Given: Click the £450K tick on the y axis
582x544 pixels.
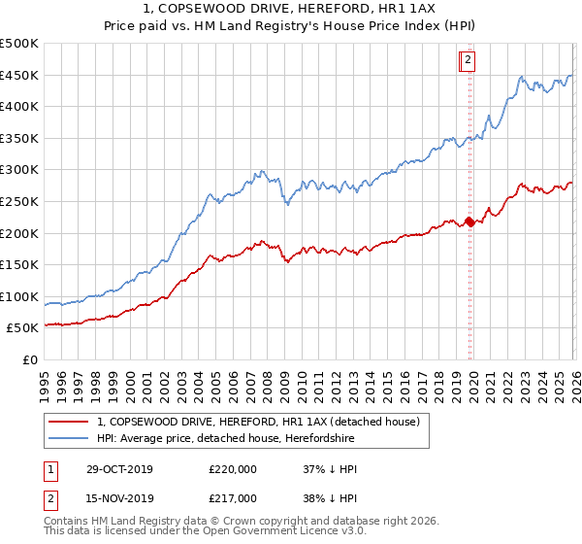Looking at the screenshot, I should (19, 75).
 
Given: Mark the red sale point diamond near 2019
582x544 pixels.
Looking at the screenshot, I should (469, 221).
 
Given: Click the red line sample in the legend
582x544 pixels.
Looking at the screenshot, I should (69, 422).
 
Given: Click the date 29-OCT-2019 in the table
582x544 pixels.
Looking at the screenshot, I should (117, 469).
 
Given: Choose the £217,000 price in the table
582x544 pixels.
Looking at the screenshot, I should (233, 498).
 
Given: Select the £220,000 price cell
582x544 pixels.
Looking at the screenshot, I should (233, 469).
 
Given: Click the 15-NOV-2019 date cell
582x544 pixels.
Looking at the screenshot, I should (117, 498).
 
